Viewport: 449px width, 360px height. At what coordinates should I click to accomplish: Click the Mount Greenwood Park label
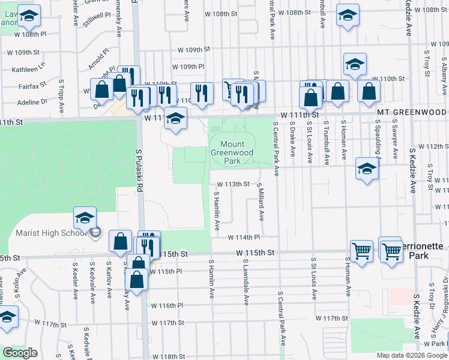click(x=232, y=153)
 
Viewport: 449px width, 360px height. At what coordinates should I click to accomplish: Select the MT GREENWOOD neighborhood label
click(x=412, y=112)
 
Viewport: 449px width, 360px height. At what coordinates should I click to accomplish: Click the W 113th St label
click(x=233, y=184)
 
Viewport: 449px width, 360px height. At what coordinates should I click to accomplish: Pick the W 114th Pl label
click(x=243, y=237)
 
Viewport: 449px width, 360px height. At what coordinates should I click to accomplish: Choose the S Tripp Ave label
click(x=61, y=95)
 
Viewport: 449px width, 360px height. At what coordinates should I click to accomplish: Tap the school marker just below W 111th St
click(x=175, y=118)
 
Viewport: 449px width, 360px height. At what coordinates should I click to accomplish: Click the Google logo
click(x=21, y=353)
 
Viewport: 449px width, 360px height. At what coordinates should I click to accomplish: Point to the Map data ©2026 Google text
click(x=411, y=355)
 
